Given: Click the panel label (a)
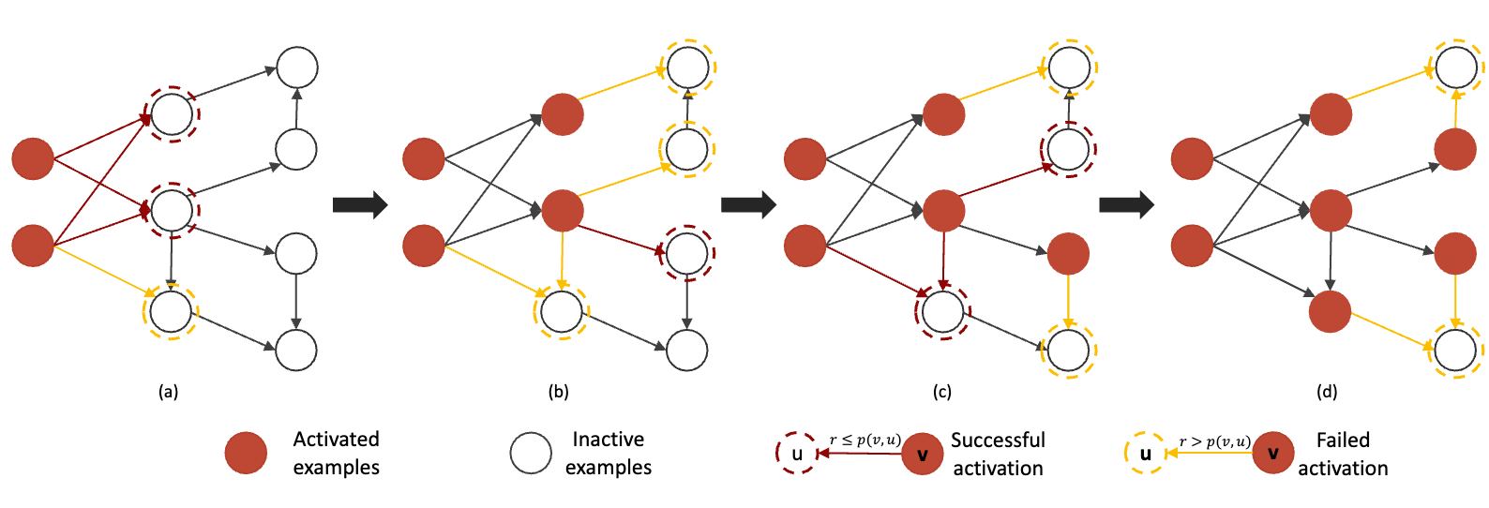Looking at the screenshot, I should click(169, 392).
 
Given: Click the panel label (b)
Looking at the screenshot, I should click(559, 392).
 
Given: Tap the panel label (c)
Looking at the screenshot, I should click(942, 392).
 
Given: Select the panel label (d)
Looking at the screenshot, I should click(1327, 392).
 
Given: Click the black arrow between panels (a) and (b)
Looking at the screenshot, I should click(360, 204).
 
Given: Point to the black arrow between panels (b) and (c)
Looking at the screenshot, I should click(748, 204).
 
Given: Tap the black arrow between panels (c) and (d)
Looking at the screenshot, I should click(1126, 204).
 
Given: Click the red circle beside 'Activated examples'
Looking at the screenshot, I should click(247, 454).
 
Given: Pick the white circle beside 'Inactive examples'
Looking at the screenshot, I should click(531, 454).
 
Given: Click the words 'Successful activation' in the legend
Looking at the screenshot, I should click(998, 454).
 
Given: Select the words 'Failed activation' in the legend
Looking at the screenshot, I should click(1343, 454).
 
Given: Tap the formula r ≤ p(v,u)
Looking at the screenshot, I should click(865, 441).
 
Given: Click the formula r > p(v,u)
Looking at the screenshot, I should click(1214, 441).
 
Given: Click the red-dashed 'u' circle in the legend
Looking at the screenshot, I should click(797, 454).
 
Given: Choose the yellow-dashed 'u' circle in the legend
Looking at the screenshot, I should click(1145, 454).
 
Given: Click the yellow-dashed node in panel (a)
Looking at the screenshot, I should click(171, 311).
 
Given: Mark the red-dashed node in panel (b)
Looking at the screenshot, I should click(687, 252).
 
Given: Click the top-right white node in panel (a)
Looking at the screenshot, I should click(297, 67).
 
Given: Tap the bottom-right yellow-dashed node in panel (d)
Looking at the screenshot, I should click(1456, 351).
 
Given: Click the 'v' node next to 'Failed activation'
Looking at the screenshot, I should click(1273, 454).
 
